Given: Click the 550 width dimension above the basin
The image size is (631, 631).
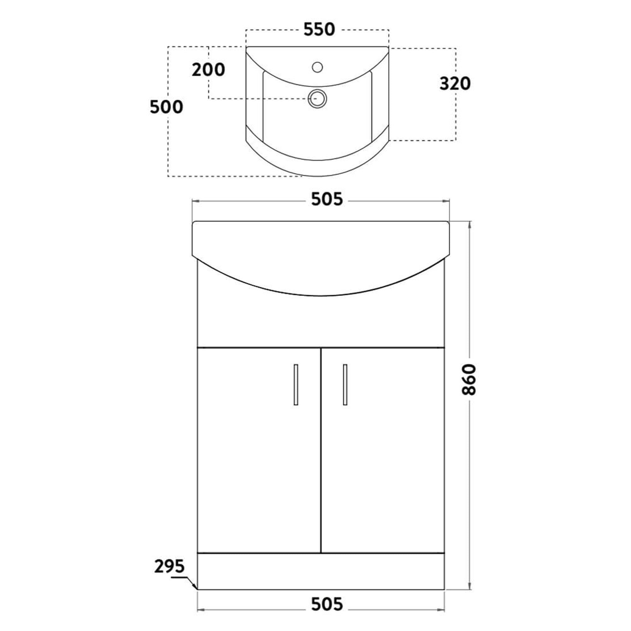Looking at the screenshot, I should (319, 29).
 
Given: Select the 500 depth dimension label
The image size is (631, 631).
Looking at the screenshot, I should (167, 107).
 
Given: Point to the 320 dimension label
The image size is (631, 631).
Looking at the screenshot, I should (455, 84).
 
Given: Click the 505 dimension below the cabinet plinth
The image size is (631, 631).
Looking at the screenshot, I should (327, 604).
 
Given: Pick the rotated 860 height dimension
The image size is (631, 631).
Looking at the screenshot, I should (470, 380).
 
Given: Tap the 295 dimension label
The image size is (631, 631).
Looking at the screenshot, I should (169, 566).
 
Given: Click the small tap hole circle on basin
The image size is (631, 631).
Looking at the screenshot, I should (317, 67).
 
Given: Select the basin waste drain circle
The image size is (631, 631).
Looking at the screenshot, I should (317, 98).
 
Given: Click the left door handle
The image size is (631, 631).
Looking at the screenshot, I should (296, 384).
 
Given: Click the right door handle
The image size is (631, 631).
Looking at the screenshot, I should (345, 384).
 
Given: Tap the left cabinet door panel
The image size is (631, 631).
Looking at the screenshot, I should (259, 451).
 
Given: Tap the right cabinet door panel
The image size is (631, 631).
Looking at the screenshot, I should (383, 451).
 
